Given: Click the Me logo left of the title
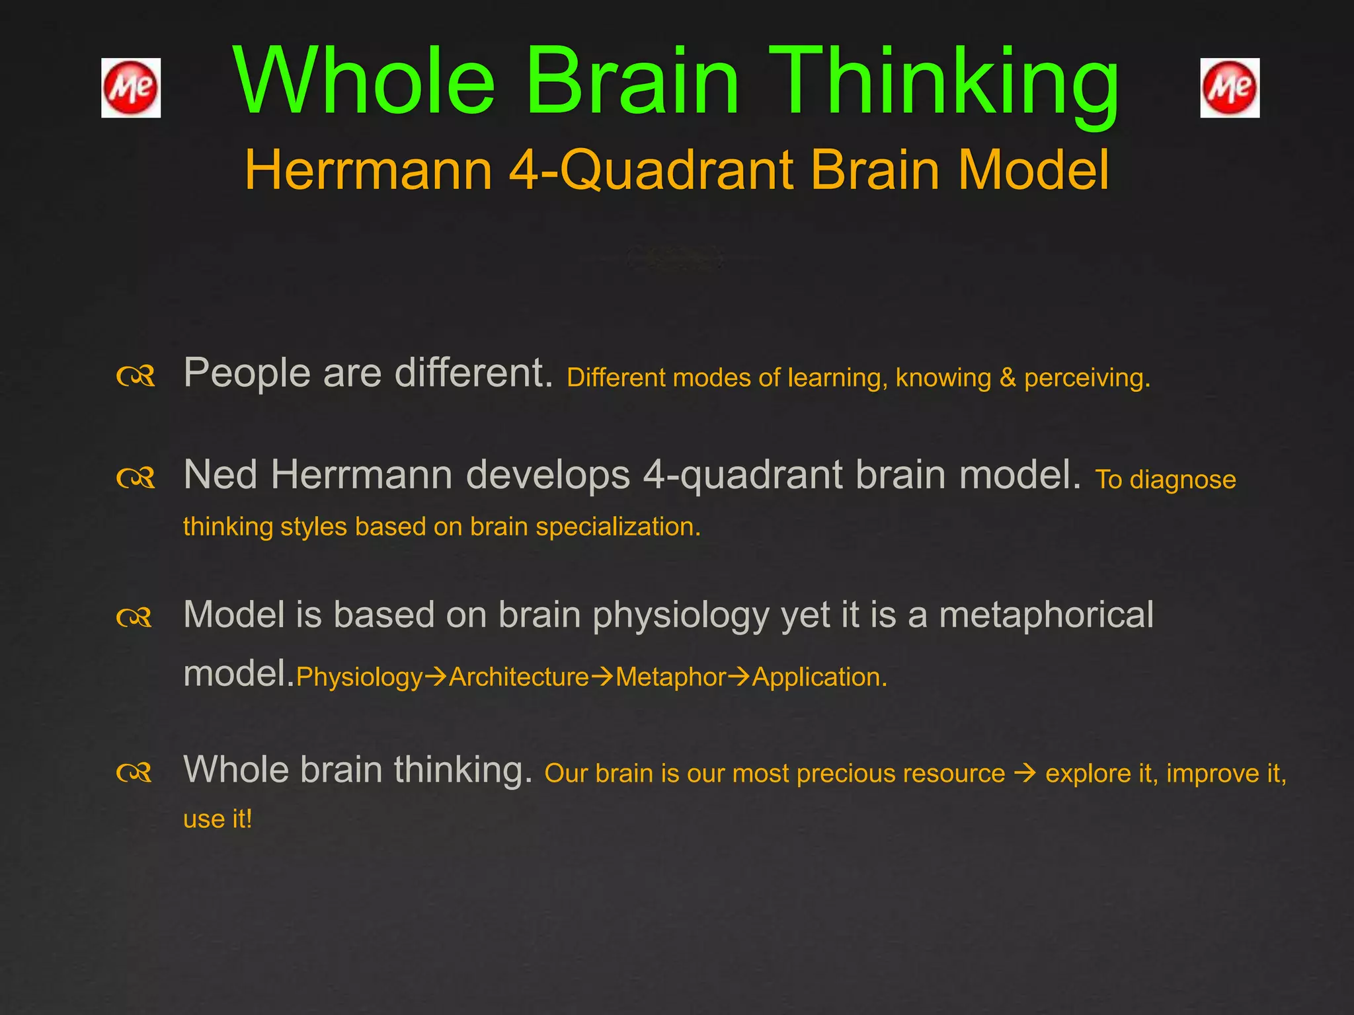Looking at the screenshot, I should tap(131, 88).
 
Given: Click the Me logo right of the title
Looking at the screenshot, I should tap(1230, 88).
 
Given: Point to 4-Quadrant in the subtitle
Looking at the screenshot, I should tap(652, 170).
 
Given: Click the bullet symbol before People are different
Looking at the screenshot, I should tap(136, 377).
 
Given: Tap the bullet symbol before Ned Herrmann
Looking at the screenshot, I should tap(136, 478).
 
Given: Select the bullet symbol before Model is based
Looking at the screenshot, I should tap(134, 618).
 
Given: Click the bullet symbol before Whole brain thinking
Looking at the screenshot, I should tap(134, 772).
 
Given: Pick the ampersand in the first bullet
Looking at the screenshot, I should tap(1008, 378).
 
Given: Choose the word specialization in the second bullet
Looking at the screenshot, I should tap(617, 527).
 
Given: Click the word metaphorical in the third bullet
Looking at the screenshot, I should tap(1046, 615).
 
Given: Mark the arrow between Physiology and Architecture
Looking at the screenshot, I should tap(436, 677).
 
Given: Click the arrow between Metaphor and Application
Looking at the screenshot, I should tap(738, 677).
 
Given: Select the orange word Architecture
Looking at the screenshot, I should tap(519, 677).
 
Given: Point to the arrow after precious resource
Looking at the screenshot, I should tap(1025, 773).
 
